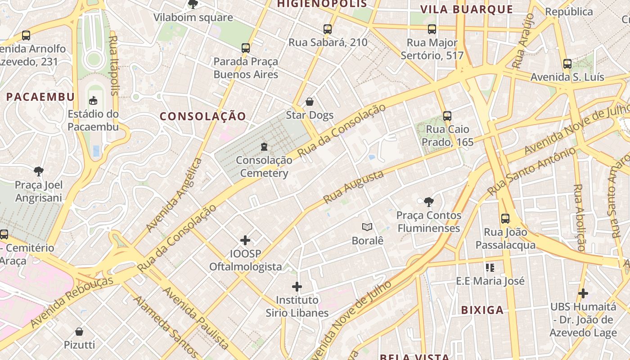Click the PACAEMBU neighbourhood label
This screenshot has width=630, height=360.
click(x=40, y=97)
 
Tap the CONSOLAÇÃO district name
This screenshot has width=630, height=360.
click(x=203, y=117)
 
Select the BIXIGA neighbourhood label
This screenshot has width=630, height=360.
click(x=482, y=310)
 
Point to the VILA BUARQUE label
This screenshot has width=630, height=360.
click(x=466, y=9)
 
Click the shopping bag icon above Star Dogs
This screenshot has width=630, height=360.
click(x=310, y=102)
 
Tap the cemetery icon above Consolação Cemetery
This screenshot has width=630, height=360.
click(x=264, y=147)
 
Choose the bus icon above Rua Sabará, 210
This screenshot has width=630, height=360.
click(x=328, y=29)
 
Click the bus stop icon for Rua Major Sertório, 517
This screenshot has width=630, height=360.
click(x=432, y=29)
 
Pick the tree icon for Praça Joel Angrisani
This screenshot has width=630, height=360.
click(x=39, y=171)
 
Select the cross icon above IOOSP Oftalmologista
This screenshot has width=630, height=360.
click(x=245, y=240)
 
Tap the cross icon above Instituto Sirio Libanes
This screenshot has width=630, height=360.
click(x=297, y=287)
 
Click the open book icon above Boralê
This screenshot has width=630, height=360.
click(x=368, y=227)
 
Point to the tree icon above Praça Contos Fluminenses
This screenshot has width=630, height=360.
click(x=428, y=202)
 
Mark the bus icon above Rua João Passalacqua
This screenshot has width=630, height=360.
click(x=505, y=219)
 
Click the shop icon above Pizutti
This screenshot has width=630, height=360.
click(x=79, y=332)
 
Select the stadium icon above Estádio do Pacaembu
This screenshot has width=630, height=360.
click(x=93, y=100)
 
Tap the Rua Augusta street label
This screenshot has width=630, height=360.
click(x=354, y=187)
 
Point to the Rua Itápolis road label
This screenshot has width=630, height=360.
click(x=114, y=65)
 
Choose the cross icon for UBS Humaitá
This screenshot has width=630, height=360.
click(x=583, y=293)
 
